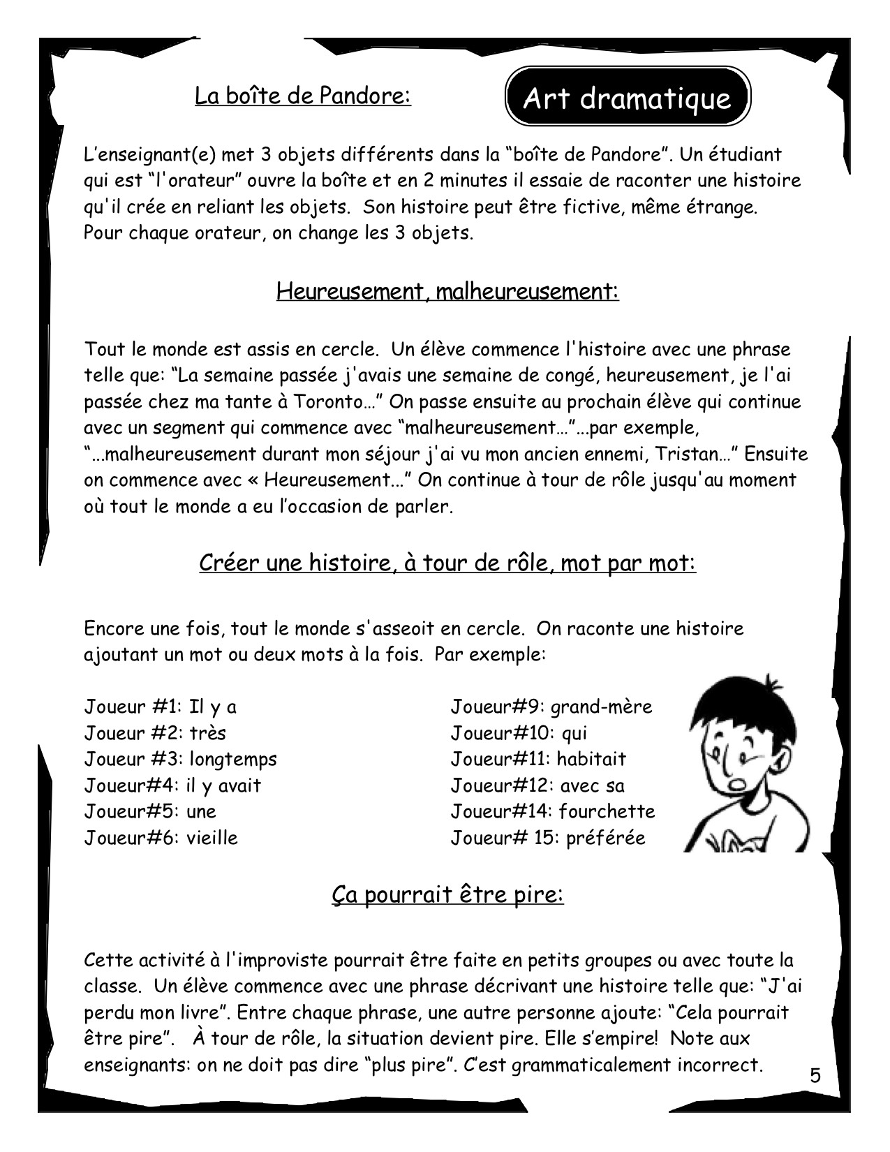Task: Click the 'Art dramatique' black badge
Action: [627, 96]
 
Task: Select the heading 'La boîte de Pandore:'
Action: [303, 96]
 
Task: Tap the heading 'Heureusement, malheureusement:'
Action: [447, 290]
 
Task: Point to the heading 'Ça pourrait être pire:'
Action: [447, 894]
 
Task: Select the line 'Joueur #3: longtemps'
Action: [180, 759]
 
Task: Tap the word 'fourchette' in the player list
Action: [607, 811]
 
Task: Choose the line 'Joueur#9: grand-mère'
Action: [551, 707]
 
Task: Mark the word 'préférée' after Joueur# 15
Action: [606, 838]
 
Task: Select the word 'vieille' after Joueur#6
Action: [212, 838]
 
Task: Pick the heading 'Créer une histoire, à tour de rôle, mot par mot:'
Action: [447, 563]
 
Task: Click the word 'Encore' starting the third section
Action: [113, 628]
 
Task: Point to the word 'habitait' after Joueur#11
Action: [592, 759]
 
